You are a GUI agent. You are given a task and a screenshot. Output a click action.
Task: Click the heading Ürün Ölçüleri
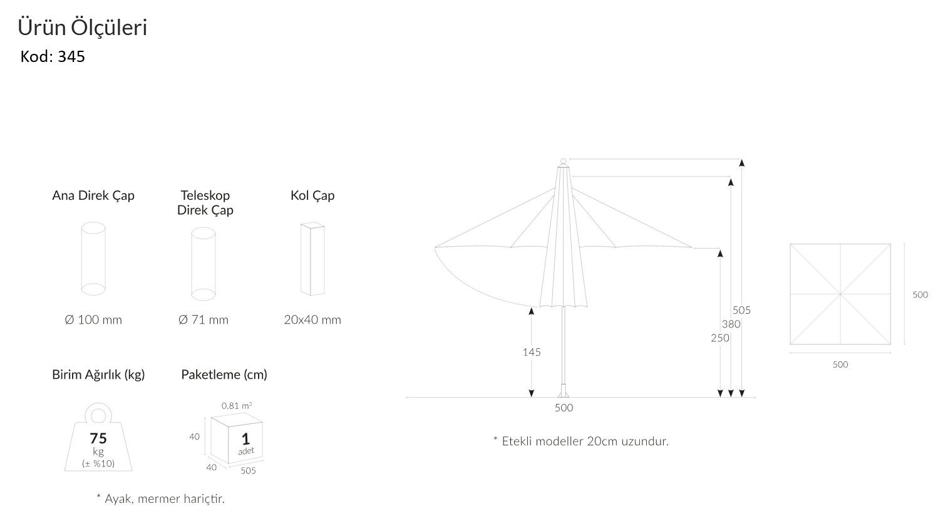(x=82, y=28)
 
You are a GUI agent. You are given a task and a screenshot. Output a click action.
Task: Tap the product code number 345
(x=71, y=57)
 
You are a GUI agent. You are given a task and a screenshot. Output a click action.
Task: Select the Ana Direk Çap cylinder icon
(x=93, y=257)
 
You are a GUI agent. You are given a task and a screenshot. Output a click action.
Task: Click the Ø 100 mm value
(x=93, y=320)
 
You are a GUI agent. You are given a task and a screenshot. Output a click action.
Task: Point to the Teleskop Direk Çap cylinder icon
(x=204, y=264)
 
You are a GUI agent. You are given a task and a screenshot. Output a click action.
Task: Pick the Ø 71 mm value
(x=204, y=320)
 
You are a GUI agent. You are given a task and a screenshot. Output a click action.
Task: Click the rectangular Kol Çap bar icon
(x=312, y=258)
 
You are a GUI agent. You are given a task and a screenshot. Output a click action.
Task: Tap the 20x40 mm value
(x=312, y=320)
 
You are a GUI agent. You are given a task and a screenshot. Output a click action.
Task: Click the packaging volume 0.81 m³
(x=237, y=406)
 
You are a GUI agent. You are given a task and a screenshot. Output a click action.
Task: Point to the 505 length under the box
(x=248, y=471)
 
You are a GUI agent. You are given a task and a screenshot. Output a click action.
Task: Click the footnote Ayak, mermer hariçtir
(x=160, y=499)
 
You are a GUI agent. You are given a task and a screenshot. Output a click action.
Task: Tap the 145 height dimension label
(x=532, y=352)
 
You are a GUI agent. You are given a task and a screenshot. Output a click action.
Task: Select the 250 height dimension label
(x=720, y=338)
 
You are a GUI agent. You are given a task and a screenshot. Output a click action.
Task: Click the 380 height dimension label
(x=731, y=324)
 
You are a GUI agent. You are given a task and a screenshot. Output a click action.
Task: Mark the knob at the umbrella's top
(x=563, y=162)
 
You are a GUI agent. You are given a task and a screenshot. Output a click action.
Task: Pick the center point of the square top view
(x=840, y=294)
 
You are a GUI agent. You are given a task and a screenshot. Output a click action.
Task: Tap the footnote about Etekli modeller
(x=581, y=441)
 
